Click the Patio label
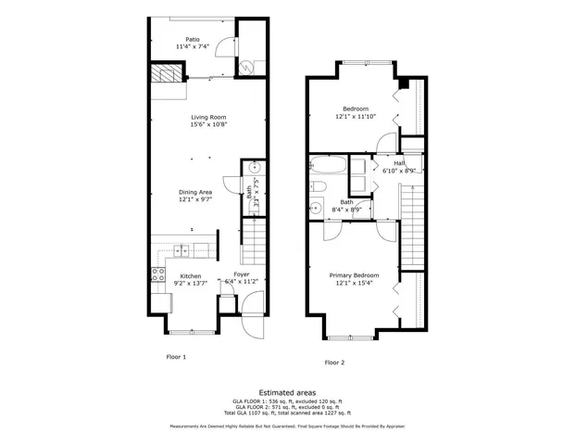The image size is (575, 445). (193, 40)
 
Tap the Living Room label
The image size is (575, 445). (208, 117)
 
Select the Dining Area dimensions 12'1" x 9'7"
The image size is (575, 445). (195, 199)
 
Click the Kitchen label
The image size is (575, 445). (190, 275)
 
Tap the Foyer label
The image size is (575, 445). (241, 275)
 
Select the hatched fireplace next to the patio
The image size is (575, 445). (167, 73)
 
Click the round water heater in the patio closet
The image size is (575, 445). (247, 66)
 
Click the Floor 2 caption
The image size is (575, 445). (334, 362)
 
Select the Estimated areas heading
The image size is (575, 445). (287, 392)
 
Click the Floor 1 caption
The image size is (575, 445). (176, 355)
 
